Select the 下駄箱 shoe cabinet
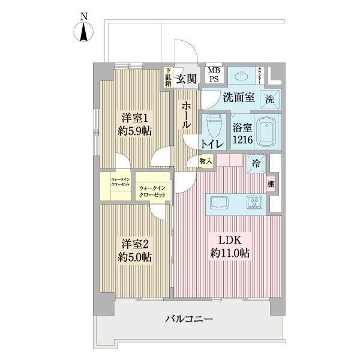pos(169,77)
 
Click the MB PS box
pos(214,74)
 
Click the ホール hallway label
pos(185,115)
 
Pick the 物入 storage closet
pos(206,161)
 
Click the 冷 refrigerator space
pos(257,163)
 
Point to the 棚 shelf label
pos(271,184)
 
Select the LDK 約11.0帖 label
pos(229,247)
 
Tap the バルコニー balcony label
pos(189,319)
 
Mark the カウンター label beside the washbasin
pos(260,74)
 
